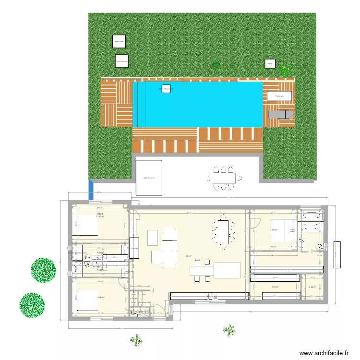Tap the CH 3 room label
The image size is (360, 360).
point(100,214)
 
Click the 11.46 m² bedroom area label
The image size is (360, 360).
point(274,230)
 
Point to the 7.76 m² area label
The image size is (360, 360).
point(275,287)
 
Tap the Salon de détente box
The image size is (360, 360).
point(149,178)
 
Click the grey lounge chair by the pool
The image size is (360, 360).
point(281,115)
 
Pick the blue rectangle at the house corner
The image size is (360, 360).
point(90,190)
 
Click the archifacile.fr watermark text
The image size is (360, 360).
point(324,353)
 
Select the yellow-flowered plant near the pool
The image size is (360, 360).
point(286,71)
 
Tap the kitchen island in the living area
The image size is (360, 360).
point(216,270)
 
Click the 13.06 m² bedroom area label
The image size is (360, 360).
point(100,297)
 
